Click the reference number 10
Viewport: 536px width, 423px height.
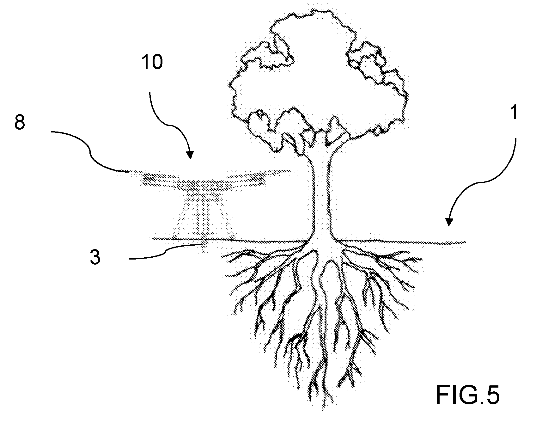tap(152, 62)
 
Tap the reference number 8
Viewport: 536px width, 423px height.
tap(20, 122)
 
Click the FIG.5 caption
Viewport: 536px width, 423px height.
tap(468, 395)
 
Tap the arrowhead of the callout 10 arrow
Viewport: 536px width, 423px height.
tap(190, 154)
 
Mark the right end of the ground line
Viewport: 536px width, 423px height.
tap(466, 242)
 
